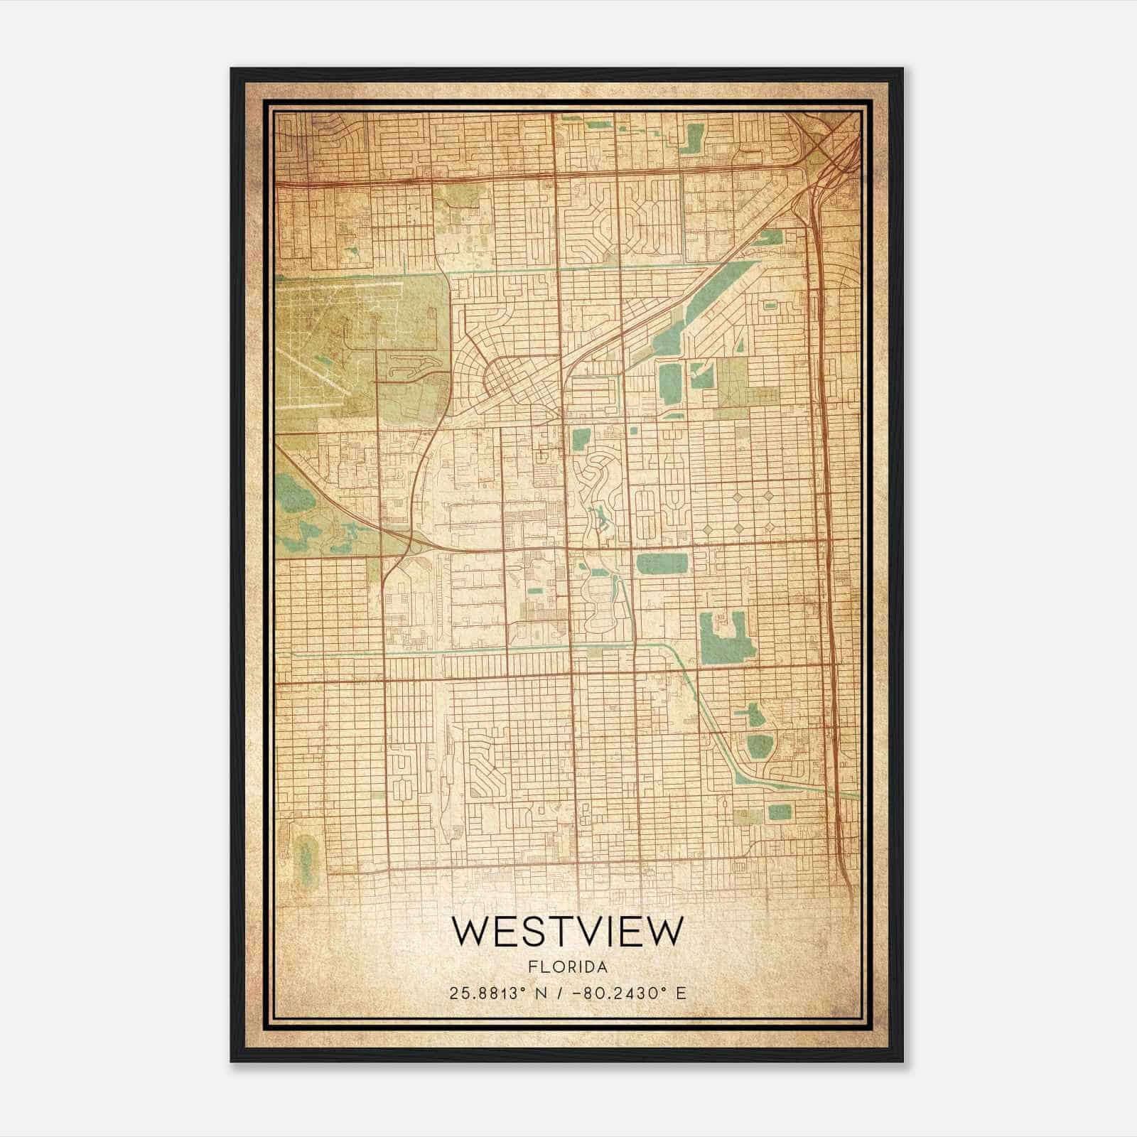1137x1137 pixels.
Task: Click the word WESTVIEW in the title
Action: pyautogui.click(x=567, y=932)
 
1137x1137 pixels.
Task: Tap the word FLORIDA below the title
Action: pyautogui.click(x=567, y=967)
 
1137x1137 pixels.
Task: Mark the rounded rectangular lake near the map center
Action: pyautogui.click(x=662, y=564)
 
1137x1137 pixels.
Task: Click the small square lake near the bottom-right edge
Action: pyautogui.click(x=779, y=812)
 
